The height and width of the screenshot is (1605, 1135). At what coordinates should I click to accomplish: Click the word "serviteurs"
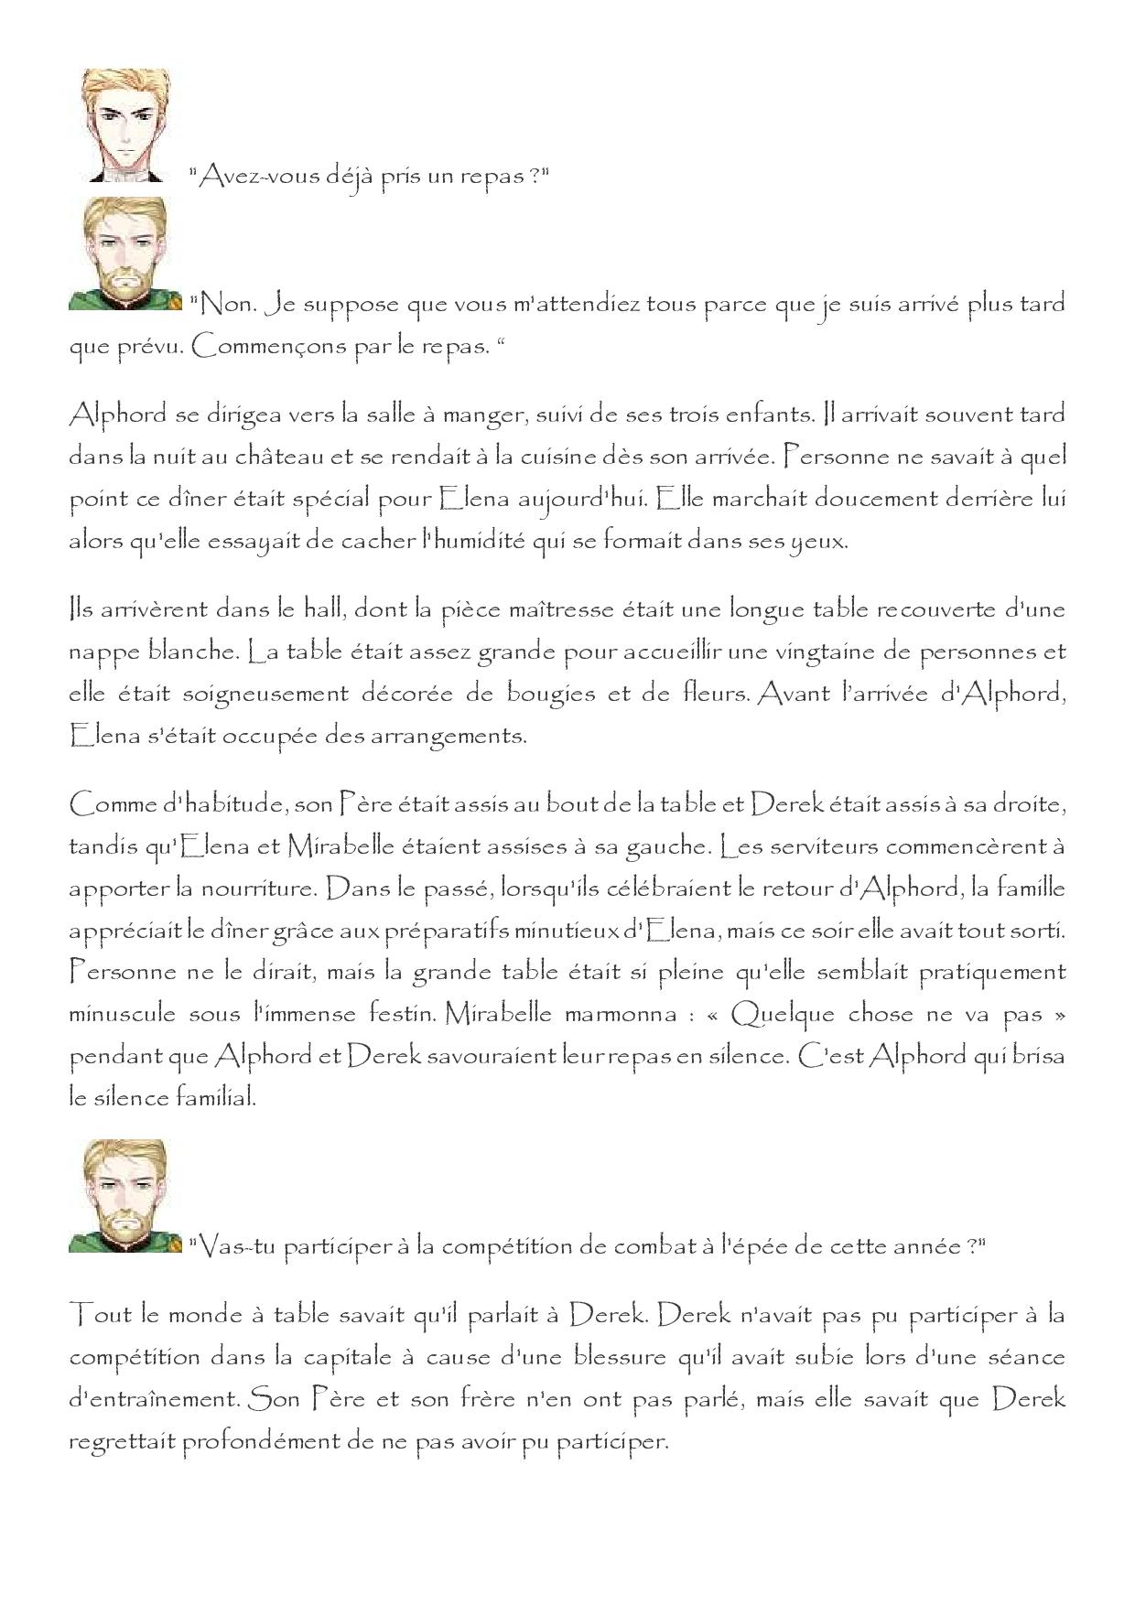821,846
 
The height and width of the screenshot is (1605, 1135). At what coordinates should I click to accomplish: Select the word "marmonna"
617,1015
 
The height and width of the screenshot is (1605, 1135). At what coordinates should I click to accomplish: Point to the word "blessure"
605,1358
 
